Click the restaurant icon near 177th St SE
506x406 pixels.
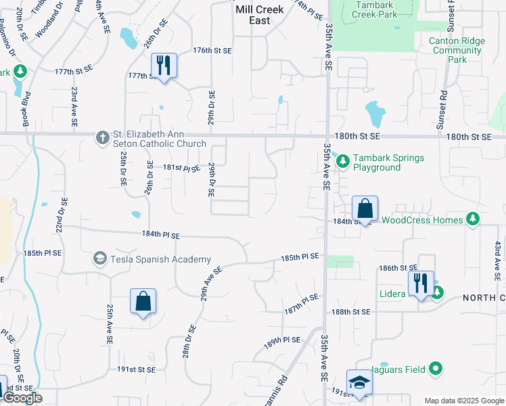[164, 66]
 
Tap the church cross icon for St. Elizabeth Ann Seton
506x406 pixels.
[102, 138]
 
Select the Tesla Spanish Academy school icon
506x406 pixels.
[99, 258]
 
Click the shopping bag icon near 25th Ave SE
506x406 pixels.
[143, 301]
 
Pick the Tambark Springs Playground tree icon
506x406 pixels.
[343, 160]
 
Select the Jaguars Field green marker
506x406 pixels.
[436, 369]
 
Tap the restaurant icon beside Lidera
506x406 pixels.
[419, 284]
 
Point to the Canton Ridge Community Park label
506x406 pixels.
[457, 50]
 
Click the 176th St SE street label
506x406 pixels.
[212, 51]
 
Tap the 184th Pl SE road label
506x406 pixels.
[161, 235]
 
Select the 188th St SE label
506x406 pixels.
[351, 312]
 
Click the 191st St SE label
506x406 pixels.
[137, 369]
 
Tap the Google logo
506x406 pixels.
[22, 398]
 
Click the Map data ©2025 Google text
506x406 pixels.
[463, 400]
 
